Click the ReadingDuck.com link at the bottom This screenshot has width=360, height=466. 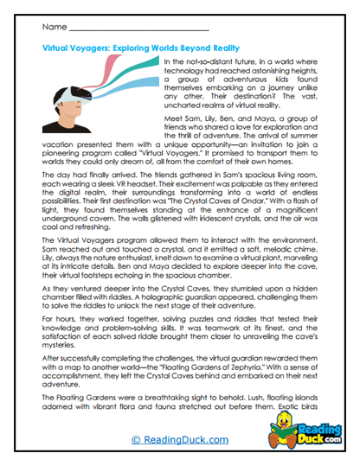(179, 440)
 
